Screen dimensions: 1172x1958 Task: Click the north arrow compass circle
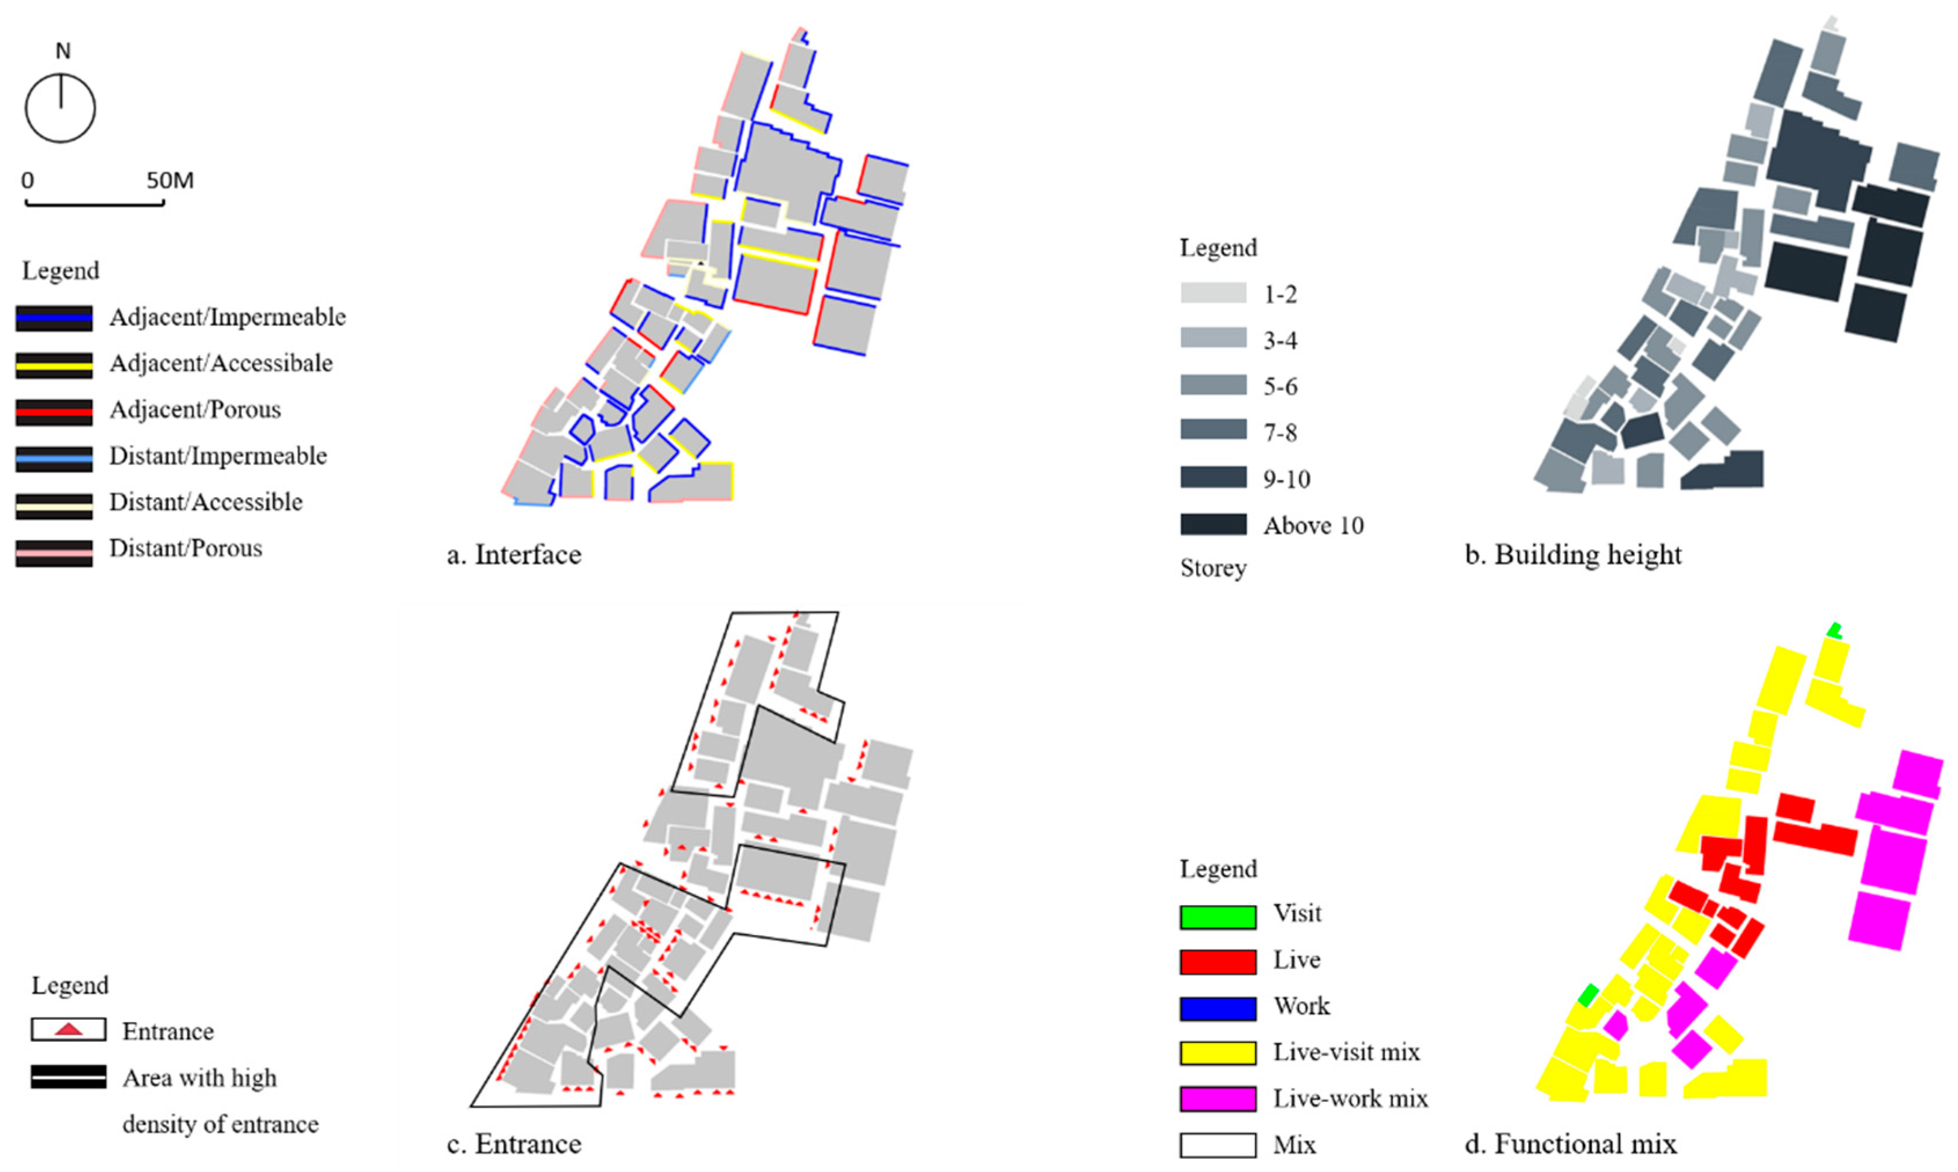(x=60, y=108)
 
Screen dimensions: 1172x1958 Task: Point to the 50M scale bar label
(x=170, y=181)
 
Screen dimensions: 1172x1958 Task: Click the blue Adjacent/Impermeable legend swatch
(x=54, y=317)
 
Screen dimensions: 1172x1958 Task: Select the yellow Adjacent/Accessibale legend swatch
(x=54, y=364)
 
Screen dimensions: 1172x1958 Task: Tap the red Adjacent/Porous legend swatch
(x=54, y=411)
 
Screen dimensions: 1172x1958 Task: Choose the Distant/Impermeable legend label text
(x=218, y=456)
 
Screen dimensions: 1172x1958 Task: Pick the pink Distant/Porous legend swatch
(x=54, y=551)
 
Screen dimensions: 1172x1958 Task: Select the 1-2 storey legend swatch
(x=1213, y=293)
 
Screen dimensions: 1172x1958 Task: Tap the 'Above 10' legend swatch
(x=1213, y=525)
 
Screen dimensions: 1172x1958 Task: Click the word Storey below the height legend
(x=1213, y=568)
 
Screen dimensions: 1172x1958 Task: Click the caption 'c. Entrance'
(x=514, y=1144)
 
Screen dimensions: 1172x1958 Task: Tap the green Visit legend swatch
(x=1218, y=916)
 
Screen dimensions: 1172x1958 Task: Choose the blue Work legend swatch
(x=1218, y=1009)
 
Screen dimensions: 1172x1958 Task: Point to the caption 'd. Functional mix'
(x=1570, y=1144)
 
